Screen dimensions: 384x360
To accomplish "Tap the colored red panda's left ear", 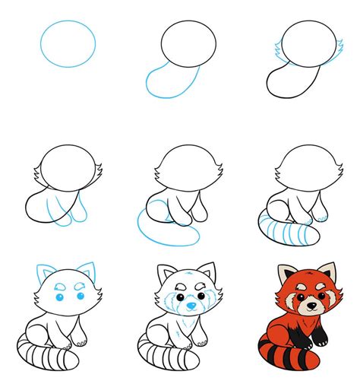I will (286, 273).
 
